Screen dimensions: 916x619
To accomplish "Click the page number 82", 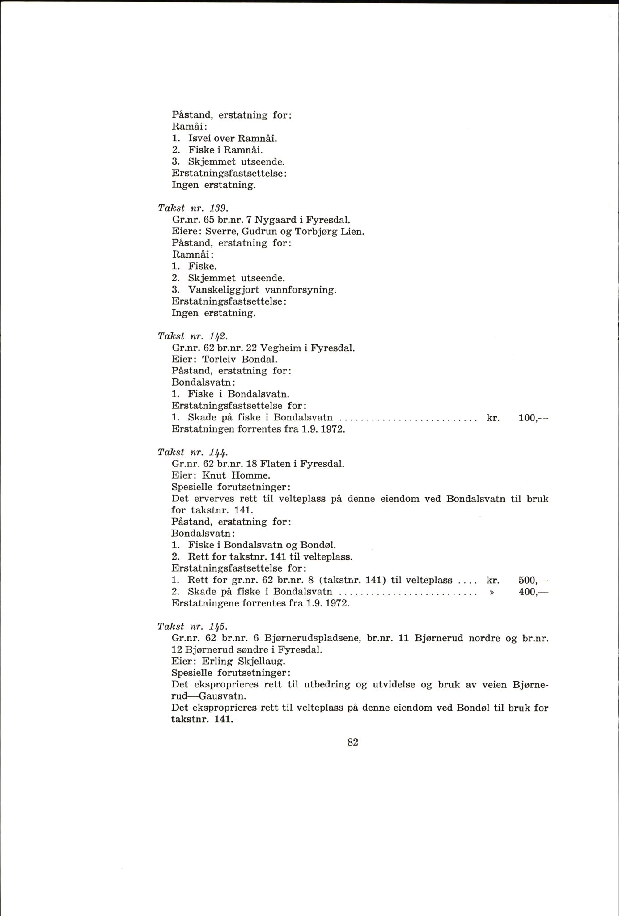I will point(353,742).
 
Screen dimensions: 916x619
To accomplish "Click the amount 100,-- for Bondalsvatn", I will point(533,418).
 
